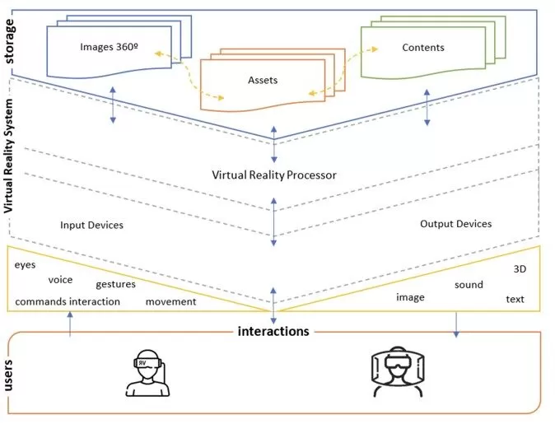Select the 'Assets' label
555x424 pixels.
coord(263,81)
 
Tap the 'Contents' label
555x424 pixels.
coord(422,47)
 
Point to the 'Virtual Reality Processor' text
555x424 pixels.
coord(274,175)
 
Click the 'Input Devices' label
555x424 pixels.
coord(91,224)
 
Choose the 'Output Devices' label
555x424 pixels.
coord(455,223)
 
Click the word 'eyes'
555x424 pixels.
coord(26,265)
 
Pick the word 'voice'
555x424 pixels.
coord(60,279)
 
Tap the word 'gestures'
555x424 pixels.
coord(115,284)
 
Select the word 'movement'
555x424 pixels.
coord(170,301)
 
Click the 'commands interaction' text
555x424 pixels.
coord(68,301)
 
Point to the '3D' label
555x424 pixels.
coord(520,269)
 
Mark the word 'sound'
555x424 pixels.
coord(469,285)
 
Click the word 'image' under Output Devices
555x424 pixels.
coord(410,297)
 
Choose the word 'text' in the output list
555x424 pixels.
coord(515,299)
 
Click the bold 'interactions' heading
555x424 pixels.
coord(273,331)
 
